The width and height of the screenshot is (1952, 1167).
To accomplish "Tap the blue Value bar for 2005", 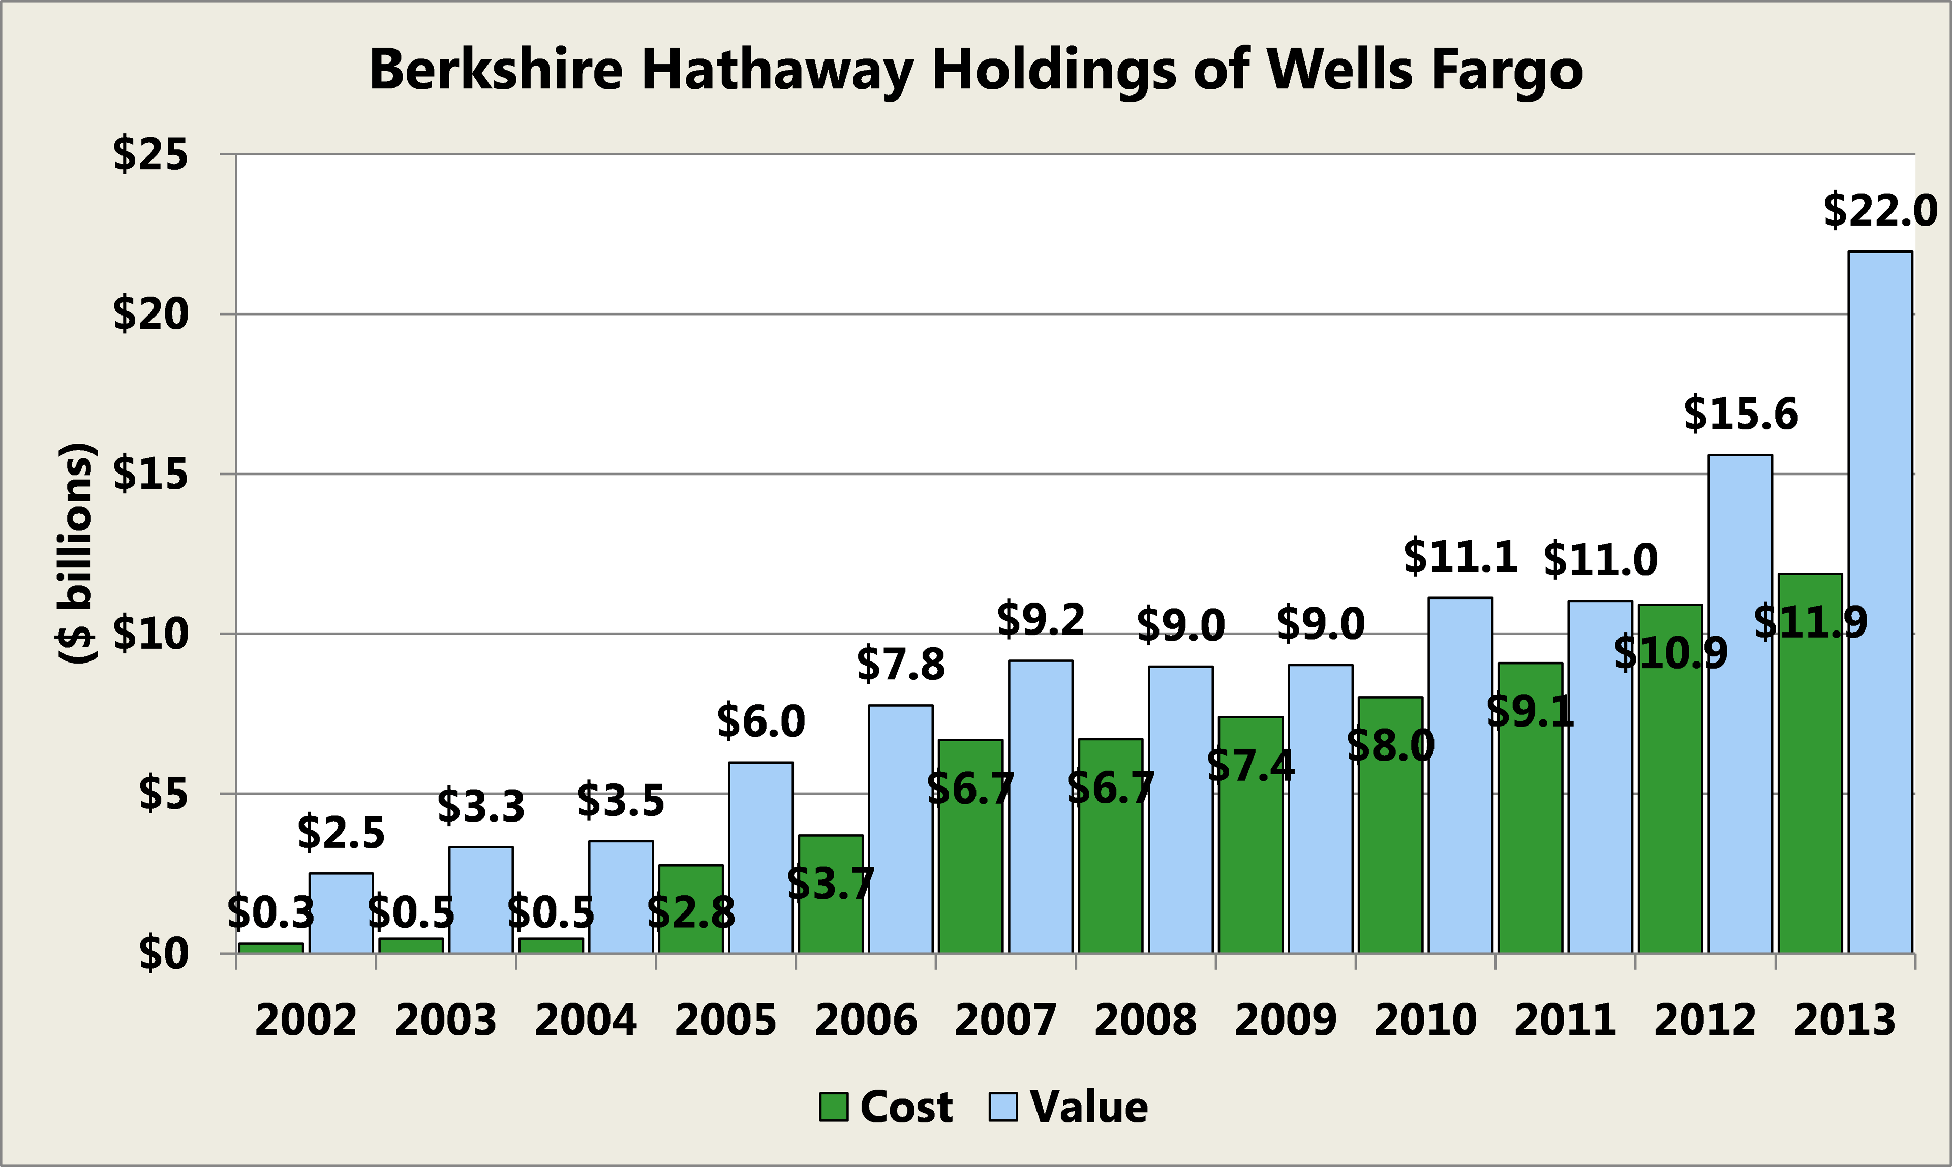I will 761,857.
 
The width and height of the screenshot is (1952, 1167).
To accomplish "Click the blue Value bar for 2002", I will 341,913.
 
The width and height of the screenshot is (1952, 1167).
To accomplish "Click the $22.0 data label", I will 1880,211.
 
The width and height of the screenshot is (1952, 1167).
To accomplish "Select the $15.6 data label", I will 1741,415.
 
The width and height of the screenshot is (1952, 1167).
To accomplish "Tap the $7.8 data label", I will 900,665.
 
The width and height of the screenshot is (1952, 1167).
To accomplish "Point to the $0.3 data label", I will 270,912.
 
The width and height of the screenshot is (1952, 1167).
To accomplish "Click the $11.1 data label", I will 1460,557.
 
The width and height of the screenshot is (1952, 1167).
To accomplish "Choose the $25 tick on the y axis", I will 150,154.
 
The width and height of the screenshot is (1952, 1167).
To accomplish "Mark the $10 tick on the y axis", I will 150,634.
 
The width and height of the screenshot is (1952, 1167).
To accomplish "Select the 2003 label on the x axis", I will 445,1021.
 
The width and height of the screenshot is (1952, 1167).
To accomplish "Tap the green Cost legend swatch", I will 833,1107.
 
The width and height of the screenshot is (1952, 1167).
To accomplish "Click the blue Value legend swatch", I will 1003,1107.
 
